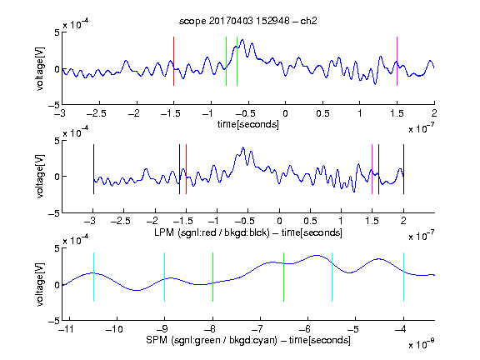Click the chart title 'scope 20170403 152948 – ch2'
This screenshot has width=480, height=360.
click(248, 21)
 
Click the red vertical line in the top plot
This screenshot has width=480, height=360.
click(173, 61)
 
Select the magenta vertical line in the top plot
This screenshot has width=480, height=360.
click(397, 61)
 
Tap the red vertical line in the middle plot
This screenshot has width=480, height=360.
click(186, 169)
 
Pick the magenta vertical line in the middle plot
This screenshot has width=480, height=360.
click(372, 169)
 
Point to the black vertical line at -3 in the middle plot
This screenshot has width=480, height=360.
click(93, 169)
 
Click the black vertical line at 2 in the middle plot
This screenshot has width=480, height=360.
click(403, 169)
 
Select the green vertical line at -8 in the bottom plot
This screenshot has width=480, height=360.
click(212, 277)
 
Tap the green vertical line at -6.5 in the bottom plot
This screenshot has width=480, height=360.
click(284, 277)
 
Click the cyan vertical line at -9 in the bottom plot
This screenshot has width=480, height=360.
click(164, 277)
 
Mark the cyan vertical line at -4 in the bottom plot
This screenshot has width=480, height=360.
click(403, 277)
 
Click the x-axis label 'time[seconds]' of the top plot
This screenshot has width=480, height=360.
click(248, 124)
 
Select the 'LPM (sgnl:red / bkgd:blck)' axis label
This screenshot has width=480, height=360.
click(212, 232)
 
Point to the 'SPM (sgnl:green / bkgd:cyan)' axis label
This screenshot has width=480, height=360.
click(212, 340)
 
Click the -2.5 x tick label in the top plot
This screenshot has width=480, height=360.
click(96, 113)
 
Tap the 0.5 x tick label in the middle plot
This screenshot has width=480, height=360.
click(310, 221)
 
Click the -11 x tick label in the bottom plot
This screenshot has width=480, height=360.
click(67, 329)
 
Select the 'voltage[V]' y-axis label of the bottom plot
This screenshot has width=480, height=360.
click(40, 284)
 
